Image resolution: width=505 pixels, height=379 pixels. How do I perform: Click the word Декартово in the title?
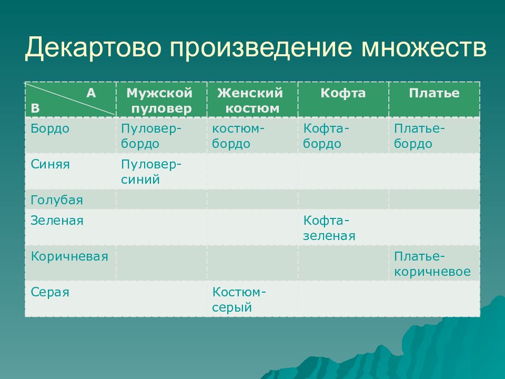[x=94, y=48]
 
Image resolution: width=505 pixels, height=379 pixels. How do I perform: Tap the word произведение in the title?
[x=261, y=48]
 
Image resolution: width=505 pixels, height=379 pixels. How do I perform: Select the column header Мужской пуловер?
[x=160, y=101]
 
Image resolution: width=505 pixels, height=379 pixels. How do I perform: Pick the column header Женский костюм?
[x=250, y=101]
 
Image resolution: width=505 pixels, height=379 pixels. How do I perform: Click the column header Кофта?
[x=343, y=93]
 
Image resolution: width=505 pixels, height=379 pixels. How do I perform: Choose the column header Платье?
[x=434, y=93]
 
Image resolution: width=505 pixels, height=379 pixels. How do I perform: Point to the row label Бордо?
[x=50, y=128]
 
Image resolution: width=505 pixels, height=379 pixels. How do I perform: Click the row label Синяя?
[x=50, y=164]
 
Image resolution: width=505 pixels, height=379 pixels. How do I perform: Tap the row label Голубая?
[x=57, y=200]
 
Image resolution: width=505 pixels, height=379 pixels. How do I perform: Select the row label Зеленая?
[x=57, y=221]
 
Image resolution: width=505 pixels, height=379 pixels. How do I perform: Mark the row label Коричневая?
[x=69, y=256]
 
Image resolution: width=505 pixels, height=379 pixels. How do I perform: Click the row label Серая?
[x=50, y=292]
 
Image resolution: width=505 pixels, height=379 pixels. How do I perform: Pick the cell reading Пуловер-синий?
[x=151, y=172]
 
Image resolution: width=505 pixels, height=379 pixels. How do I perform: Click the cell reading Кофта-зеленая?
[x=329, y=228]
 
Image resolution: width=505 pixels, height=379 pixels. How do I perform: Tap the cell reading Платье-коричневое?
[x=432, y=264]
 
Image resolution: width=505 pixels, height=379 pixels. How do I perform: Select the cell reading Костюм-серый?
[x=239, y=300]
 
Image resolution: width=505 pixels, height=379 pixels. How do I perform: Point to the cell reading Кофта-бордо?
[x=326, y=136]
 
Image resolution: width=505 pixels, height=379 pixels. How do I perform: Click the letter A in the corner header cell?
[x=91, y=93]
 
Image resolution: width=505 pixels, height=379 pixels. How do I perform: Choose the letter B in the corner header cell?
[x=35, y=108]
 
